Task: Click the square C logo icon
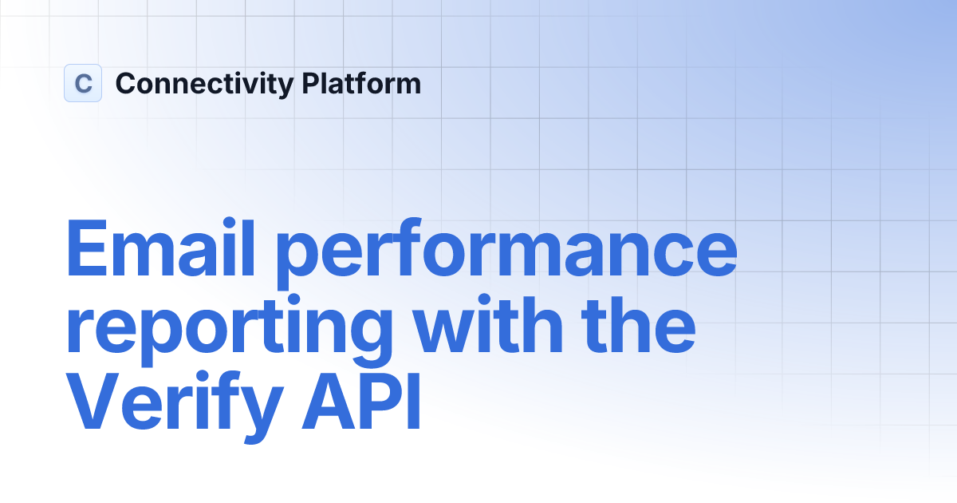pyautogui.click(x=83, y=83)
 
